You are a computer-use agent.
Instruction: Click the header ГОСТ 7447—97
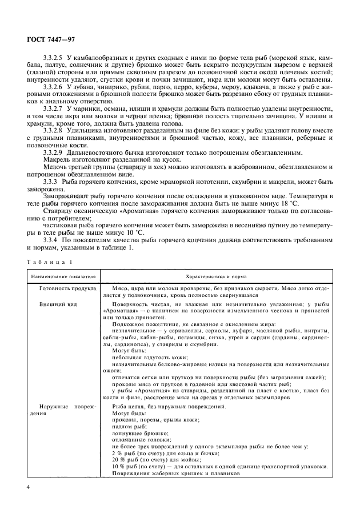(x=46, y=41)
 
